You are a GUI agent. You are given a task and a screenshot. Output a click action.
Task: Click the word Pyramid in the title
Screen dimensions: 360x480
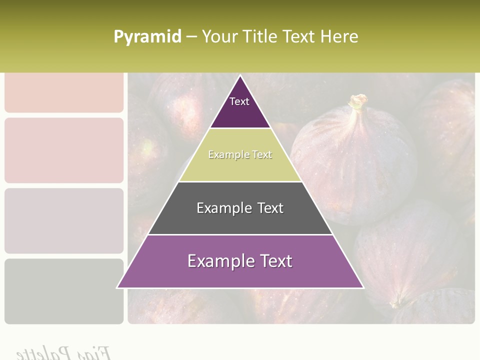147,37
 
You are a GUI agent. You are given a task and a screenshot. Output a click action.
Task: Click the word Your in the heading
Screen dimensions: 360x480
220,37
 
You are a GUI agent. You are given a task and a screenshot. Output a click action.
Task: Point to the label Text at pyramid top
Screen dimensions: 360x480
239,101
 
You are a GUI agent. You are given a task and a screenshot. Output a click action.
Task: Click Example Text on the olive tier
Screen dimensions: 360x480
240,155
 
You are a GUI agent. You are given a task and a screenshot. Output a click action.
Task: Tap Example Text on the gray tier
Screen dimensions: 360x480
240,208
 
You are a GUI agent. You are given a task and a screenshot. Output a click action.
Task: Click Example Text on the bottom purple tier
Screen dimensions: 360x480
240,261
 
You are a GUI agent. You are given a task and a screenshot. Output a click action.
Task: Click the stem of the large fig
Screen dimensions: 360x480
357,103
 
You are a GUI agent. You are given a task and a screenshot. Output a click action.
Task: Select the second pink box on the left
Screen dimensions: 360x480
64,150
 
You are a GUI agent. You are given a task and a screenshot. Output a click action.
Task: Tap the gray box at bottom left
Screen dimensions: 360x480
64,291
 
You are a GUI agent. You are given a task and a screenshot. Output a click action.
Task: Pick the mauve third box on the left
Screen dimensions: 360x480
64,220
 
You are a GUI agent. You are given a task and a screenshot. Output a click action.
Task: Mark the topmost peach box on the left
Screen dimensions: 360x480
64,92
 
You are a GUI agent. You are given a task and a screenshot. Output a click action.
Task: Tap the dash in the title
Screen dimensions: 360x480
191,37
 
